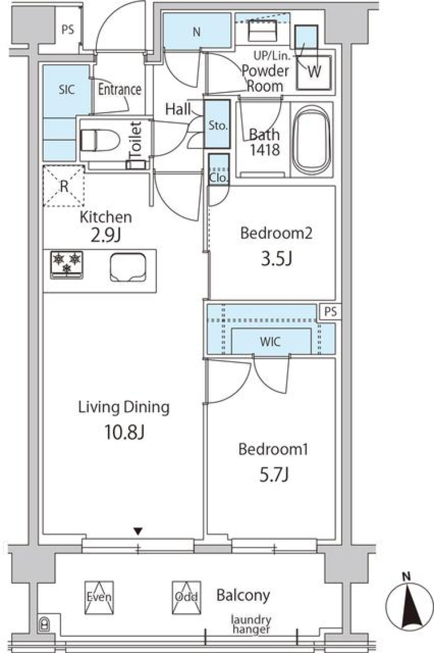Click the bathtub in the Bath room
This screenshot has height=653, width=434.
[x=311, y=140]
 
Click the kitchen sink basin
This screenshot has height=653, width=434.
[x=127, y=267]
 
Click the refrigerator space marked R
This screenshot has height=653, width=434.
[x=64, y=186]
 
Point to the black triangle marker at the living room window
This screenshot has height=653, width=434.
[x=138, y=531]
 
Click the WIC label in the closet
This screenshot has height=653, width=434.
[x=270, y=342]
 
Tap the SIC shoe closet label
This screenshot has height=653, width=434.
[x=66, y=89]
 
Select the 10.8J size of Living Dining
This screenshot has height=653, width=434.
[x=124, y=433]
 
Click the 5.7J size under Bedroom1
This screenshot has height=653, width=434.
[x=274, y=475]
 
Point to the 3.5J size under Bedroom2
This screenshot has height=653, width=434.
[x=276, y=258]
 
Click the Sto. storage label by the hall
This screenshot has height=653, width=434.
[x=217, y=125]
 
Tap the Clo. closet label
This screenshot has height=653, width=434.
[x=219, y=177]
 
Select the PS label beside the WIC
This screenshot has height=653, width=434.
[x=330, y=312]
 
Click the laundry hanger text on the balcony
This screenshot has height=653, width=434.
[x=251, y=624]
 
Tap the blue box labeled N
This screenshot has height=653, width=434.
[x=197, y=32]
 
